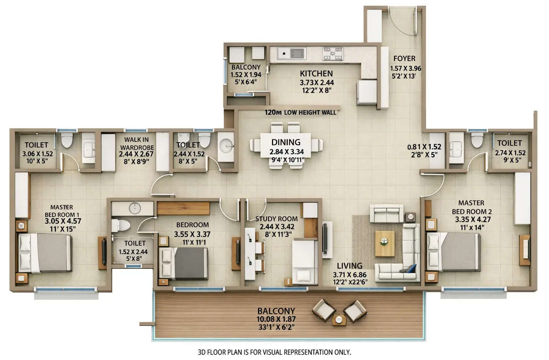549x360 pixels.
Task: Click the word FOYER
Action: click(x=404, y=59)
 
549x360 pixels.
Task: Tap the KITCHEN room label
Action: click(x=316, y=74)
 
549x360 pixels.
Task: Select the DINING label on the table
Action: click(x=286, y=142)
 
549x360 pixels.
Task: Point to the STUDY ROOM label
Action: click(x=276, y=219)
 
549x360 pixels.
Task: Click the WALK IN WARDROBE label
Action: click(x=137, y=143)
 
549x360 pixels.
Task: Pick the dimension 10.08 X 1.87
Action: click(x=276, y=319)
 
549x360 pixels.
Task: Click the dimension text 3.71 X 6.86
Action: click(x=350, y=275)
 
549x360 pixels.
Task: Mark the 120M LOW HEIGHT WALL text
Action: click(x=301, y=113)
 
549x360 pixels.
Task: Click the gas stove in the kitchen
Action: click(x=333, y=53)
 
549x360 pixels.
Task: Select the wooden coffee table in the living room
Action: click(x=385, y=243)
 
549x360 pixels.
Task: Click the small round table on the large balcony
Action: click(x=339, y=319)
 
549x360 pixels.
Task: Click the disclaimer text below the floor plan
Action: click(x=274, y=352)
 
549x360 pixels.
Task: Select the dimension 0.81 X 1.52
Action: click(x=424, y=147)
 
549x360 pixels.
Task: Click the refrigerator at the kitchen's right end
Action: click(x=367, y=92)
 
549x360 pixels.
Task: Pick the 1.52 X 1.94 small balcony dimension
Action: click(x=246, y=75)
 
